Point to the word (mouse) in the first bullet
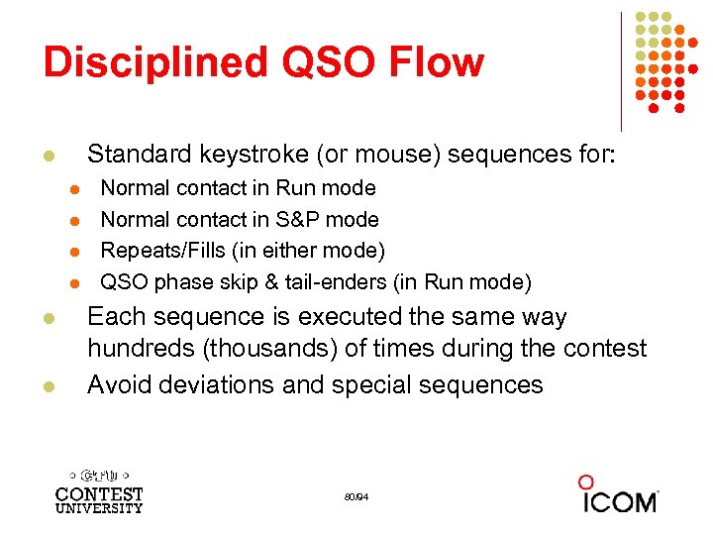click(x=391, y=155)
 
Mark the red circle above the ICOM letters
click(x=586, y=481)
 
